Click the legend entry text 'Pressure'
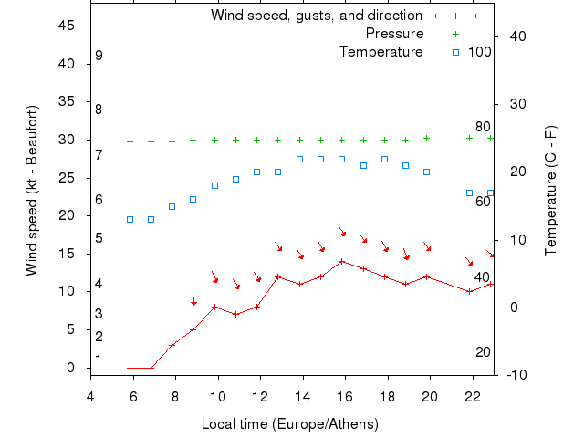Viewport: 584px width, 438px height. tap(394, 34)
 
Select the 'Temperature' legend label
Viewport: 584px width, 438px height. tap(381, 51)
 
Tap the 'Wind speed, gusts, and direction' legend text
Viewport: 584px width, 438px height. tap(317, 16)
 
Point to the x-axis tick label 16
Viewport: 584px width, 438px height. tap(344, 396)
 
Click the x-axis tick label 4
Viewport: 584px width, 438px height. tap(90, 396)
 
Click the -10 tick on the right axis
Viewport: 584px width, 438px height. tap(516, 375)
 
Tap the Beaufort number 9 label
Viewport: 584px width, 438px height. tap(99, 56)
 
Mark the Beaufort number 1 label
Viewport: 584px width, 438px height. tap(99, 360)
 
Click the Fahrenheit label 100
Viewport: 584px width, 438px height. tap(480, 51)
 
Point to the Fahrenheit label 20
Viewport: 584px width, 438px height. tap(483, 352)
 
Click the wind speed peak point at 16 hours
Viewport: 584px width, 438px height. tap(342, 261)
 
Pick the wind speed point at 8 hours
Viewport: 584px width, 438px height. tap(172, 345)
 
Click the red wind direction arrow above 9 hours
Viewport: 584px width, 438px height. tap(193, 299)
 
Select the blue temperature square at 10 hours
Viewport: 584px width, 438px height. tap(214, 185)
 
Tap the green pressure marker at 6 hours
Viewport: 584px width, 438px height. tap(130, 141)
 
